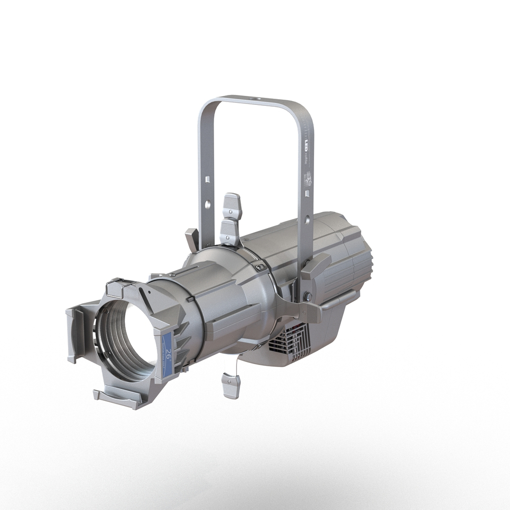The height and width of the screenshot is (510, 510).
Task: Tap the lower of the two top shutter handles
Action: click(x=230, y=231)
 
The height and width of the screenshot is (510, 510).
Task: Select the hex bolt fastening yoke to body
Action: click(x=307, y=297)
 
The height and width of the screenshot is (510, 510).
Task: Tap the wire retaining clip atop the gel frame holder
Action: click(x=120, y=283)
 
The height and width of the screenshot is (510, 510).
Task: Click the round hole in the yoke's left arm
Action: click(x=207, y=204)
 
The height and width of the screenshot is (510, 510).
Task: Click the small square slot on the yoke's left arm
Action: click(x=206, y=179)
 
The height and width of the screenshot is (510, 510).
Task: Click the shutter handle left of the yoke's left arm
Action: click(x=192, y=239)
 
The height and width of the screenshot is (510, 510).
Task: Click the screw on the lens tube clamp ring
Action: click(x=258, y=267)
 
